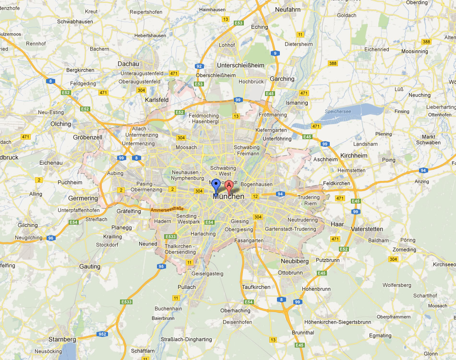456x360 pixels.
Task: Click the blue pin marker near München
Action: point(216,184)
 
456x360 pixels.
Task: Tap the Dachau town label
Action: point(128,64)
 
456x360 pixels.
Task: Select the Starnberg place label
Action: point(62,339)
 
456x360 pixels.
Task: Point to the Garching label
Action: point(282,79)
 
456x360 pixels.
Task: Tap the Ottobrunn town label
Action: point(290,273)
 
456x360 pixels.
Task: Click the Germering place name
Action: point(83,198)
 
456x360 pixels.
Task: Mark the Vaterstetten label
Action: point(368,229)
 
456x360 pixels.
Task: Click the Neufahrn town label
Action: point(288,9)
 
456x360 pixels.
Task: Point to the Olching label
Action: point(60,124)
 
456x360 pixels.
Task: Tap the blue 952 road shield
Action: point(102,334)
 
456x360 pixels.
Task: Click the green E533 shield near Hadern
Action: point(170,237)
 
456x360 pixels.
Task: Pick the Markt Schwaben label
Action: point(428,140)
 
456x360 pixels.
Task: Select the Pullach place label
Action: point(187,287)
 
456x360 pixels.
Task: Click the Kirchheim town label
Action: point(353,156)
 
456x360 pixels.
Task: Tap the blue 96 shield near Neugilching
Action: point(51,238)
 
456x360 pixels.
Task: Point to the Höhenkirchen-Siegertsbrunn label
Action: point(338,322)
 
